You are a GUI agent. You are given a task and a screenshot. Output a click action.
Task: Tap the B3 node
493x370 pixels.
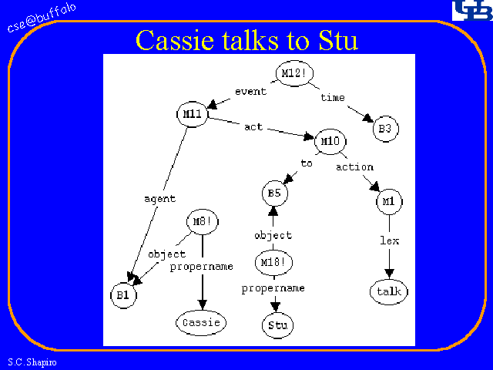click(x=384, y=129)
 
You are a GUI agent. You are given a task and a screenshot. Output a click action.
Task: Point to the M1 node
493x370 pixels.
click(x=388, y=202)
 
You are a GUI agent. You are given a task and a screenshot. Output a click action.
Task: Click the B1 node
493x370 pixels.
click(x=122, y=294)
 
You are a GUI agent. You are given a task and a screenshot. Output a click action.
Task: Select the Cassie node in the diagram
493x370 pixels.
click(x=202, y=322)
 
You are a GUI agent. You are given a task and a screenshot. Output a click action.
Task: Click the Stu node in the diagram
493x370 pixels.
click(x=277, y=325)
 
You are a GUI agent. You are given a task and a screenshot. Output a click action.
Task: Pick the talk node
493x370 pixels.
click(x=389, y=292)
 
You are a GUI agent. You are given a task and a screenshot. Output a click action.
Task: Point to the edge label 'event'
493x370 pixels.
click(x=250, y=91)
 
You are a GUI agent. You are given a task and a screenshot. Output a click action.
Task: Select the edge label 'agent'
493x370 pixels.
click(x=159, y=199)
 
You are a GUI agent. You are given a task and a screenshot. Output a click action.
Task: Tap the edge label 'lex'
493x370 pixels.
click(x=389, y=240)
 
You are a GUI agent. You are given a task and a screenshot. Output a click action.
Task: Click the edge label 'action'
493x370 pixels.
click(x=354, y=166)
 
